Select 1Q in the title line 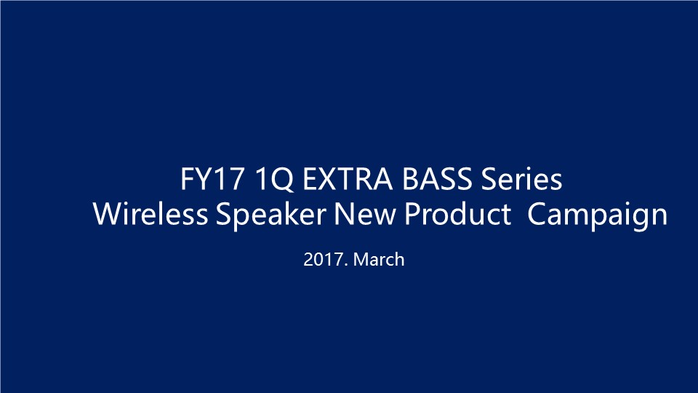[274, 180]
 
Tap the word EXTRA [348, 179]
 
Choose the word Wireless [151, 214]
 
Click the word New [364, 214]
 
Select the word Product [457, 214]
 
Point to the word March [379, 259]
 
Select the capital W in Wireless [108, 214]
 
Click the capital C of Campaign [537, 214]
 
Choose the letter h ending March [400, 259]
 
